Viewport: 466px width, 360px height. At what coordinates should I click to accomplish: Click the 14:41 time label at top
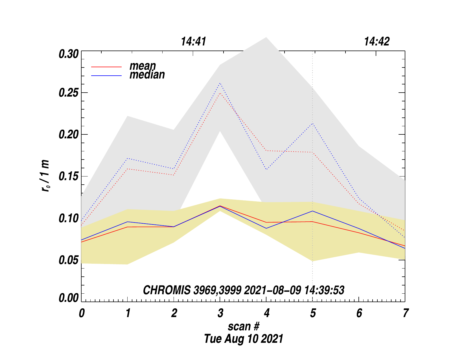point(193,42)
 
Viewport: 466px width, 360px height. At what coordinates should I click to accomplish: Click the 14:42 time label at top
point(377,42)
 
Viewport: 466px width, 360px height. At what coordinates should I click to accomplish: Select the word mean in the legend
point(143,66)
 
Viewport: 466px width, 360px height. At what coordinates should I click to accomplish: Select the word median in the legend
point(147,75)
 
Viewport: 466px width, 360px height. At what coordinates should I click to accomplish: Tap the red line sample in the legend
point(106,67)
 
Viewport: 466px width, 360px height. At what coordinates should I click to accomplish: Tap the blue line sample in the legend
point(106,76)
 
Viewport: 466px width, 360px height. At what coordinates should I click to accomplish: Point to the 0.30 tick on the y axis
point(68,54)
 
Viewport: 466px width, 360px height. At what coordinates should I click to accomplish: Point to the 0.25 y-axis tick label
point(68,93)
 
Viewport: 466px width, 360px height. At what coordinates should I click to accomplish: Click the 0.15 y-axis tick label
point(68,177)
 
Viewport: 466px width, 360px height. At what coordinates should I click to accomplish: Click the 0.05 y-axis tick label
point(68,260)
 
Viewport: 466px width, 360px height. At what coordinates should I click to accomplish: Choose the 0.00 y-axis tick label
point(68,298)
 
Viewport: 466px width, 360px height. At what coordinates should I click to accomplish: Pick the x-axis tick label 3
point(220,313)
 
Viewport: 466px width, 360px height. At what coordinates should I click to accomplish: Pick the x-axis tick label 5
point(312,313)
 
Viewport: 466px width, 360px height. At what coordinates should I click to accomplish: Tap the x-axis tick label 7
point(405,313)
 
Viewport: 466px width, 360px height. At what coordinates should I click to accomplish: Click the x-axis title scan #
point(243,326)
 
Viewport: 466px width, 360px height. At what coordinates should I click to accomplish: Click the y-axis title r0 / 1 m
point(45,176)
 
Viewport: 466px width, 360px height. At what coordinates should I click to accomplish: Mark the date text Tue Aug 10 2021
point(243,339)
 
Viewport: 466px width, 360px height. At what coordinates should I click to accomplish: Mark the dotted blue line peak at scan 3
point(220,83)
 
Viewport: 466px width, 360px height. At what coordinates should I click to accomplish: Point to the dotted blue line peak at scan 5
point(312,123)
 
